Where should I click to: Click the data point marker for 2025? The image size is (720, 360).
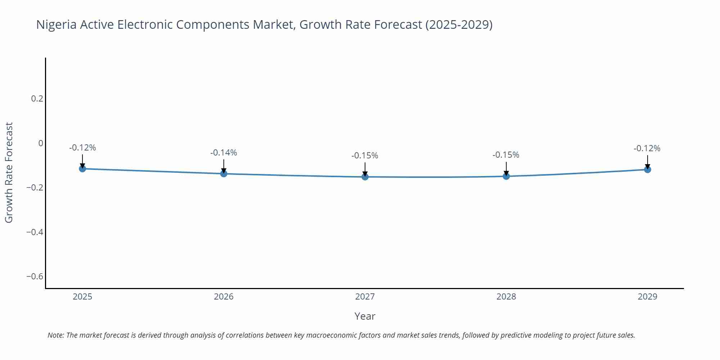(82, 168)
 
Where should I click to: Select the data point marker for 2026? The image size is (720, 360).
(224, 174)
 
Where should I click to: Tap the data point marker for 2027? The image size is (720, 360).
(365, 177)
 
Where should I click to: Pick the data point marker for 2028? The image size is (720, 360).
(506, 176)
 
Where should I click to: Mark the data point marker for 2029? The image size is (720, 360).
(647, 169)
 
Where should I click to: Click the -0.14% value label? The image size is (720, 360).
(224, 153)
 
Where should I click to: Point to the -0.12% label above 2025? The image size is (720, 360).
(82, 148)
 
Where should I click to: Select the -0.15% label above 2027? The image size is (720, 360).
(365, 156)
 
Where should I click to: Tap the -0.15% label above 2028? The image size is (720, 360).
(506, 155)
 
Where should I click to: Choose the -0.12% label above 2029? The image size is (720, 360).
(647, 148)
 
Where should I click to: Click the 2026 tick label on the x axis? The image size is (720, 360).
(224, 297)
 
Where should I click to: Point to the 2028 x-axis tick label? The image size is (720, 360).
(506, 297)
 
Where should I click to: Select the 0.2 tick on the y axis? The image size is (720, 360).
(37, 98)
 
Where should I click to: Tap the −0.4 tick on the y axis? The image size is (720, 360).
(35, 232)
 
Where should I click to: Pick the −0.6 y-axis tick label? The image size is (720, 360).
(35, 276)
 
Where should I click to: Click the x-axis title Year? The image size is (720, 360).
(365, 316)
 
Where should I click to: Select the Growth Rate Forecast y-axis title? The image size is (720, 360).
(9, 172)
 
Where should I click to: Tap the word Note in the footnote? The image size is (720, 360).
(55, 335)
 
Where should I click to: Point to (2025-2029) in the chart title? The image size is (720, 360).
(459, 24)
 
